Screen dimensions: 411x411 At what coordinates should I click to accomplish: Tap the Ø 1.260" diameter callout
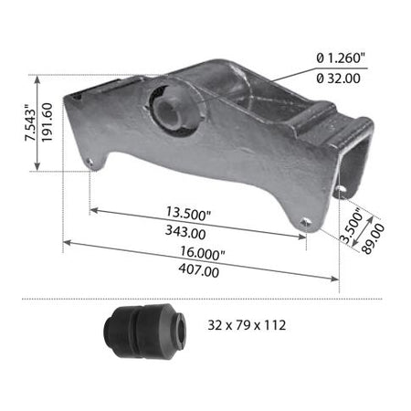click(340, 58)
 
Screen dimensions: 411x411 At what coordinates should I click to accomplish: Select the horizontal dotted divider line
click(205, 299)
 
